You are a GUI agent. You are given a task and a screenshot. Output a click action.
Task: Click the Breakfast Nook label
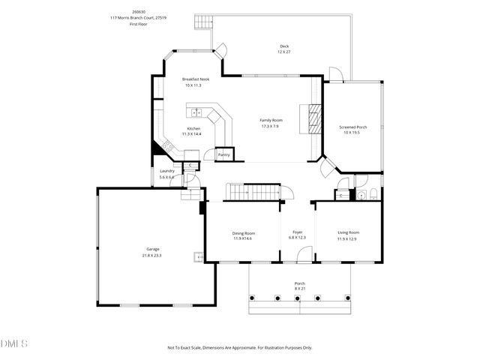tap(195, 79)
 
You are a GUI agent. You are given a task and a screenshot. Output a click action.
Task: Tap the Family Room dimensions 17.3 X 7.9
tap(271, 127)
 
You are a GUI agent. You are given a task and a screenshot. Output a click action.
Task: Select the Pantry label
tap(223, 155)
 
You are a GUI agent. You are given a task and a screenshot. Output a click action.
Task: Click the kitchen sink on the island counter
tap(196, 112)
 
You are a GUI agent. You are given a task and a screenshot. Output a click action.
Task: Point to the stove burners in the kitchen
tap(169, 147)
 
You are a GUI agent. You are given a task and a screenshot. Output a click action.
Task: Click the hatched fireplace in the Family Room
tap(314, 118)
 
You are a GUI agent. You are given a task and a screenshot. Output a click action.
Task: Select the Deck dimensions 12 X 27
tap(284, 52)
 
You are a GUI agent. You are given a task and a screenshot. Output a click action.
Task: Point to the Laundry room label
tap(166, 171)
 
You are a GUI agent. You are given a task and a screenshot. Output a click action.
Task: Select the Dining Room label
tap(242, 232)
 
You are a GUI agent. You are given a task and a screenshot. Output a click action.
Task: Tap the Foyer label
tap(297, 232)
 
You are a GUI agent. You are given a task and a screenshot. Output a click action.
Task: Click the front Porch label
tap(299, 283)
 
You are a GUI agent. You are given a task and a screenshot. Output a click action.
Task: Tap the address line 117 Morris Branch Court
tap(138, 18)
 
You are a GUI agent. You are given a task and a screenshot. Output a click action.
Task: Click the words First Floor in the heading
tap(138, 24)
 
